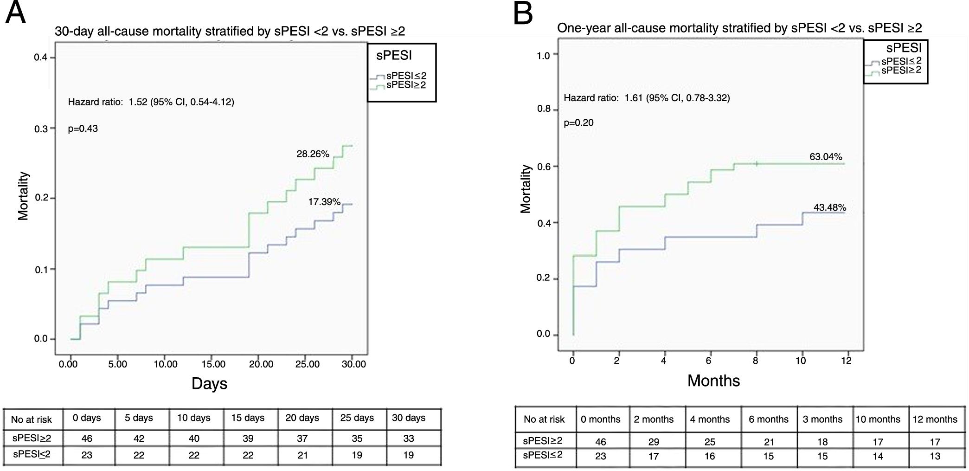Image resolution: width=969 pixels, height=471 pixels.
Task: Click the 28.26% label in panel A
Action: tap(313, 154)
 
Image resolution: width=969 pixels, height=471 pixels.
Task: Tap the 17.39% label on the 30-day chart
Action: tap(324, 202)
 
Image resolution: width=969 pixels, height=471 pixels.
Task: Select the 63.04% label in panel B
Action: tap(826, 157)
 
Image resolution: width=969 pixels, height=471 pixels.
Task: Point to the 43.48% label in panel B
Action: tap(829, 207)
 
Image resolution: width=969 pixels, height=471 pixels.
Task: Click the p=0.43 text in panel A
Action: tap(83, 129)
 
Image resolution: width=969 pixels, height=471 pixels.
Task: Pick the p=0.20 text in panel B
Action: tap(578, 123)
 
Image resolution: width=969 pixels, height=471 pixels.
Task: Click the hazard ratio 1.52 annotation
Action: tap(151, 102)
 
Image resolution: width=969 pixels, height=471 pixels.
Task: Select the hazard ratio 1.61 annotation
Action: tap(647, 98)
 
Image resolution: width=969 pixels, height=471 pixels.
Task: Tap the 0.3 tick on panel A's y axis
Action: tap(41, 129)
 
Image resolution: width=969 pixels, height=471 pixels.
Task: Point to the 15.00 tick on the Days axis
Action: tap(213, 364)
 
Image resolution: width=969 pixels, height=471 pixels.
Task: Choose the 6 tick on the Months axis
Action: tap(709, 361)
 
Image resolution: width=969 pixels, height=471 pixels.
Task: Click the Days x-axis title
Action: tap(209, 384)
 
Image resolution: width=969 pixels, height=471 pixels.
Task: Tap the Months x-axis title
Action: tap(713, 381)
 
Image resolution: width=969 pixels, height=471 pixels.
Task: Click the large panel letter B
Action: tap(523, 14)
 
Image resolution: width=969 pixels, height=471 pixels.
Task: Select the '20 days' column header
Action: tap(302, 418)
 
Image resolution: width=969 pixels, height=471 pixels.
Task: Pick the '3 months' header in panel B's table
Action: tap(822, 419)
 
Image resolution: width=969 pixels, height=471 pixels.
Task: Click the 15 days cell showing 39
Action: tap(248, 438)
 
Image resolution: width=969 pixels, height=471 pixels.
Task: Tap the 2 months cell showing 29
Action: tap(653, 442)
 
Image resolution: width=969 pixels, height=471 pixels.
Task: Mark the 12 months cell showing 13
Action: tap(935, 456)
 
